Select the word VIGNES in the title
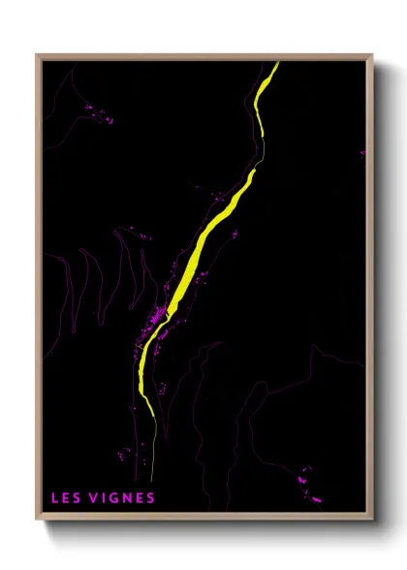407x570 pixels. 120,498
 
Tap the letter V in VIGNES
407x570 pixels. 90,498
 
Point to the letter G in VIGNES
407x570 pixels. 110,498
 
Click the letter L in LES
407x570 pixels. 54,498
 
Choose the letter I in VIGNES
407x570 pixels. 101,498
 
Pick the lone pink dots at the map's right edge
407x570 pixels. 362,152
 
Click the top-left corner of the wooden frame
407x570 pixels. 37,55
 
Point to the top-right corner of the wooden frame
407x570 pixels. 372,55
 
